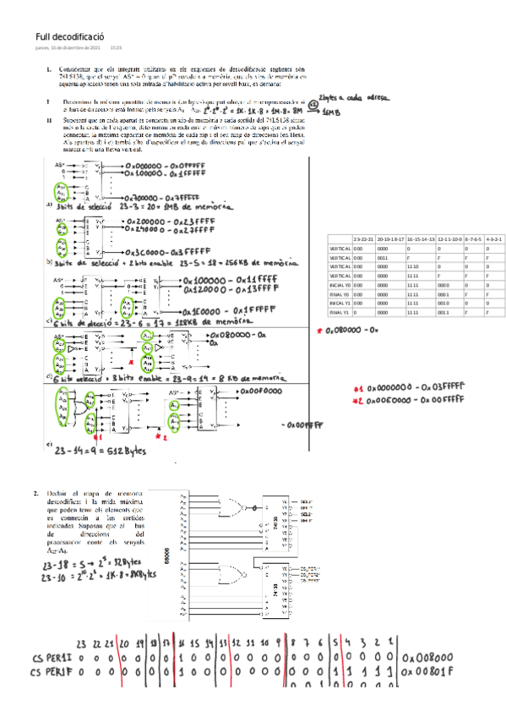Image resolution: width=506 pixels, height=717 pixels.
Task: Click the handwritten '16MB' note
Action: click(x=332, y=112)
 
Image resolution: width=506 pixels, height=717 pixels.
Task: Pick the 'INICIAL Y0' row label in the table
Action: click(x=340, y=285)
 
